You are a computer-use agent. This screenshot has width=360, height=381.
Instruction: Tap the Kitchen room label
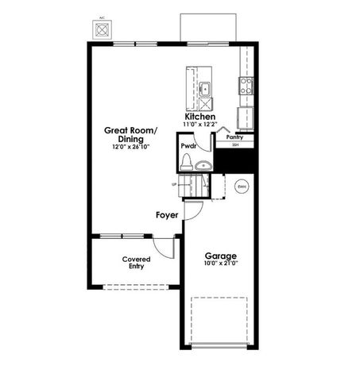coord(200,117)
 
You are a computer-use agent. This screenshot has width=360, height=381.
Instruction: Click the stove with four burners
coord(246,86)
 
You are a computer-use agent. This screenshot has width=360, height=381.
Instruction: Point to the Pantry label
coord(235,137)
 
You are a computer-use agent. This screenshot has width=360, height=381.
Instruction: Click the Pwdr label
coord(188,147)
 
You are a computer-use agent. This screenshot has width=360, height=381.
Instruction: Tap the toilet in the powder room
coord(187,164)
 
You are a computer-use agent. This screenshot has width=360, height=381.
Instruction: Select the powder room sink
coord(203,166)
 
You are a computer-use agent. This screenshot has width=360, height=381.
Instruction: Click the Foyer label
coord(166,214)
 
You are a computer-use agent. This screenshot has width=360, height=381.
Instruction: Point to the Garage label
coord(221,256)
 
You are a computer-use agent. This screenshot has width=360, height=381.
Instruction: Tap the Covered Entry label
coord(137,264)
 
